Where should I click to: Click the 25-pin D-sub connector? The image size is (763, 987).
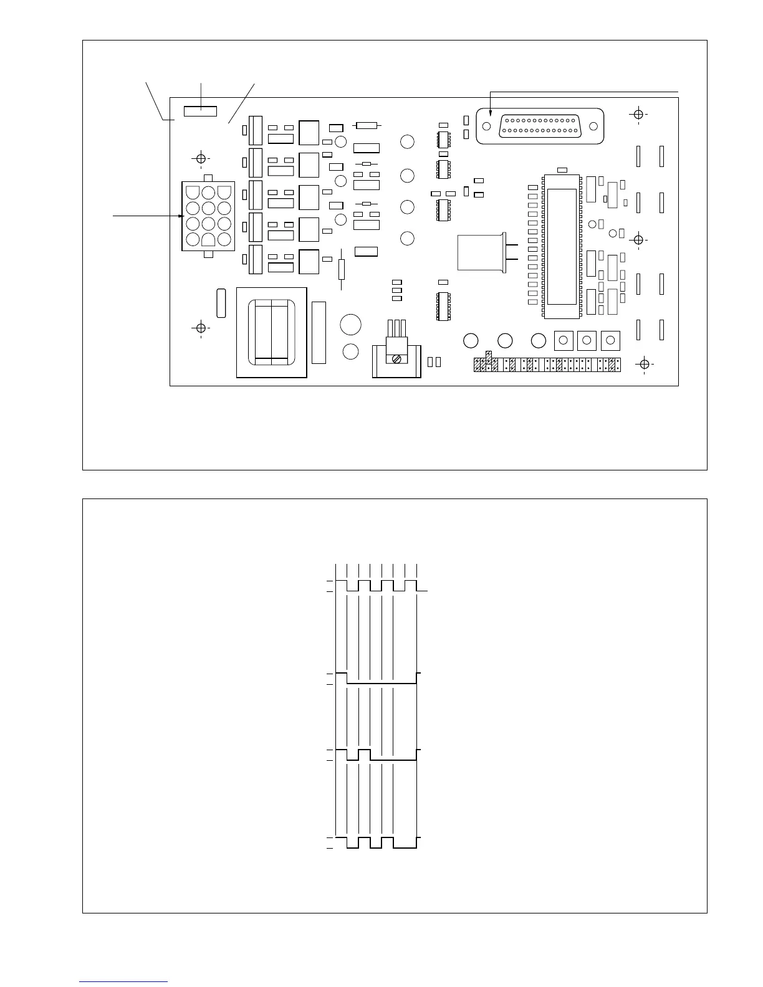[540, 126]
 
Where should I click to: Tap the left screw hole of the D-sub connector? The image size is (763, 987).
[487, 126]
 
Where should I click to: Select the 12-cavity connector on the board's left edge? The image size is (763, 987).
[208, 216]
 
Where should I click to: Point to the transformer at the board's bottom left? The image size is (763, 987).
[271, 332]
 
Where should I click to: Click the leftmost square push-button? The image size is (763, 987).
[564, 341]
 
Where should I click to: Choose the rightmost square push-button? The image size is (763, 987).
[610, 341]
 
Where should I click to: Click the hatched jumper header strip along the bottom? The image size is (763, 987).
[547, 365]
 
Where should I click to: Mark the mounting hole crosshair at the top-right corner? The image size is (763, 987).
[638, 115]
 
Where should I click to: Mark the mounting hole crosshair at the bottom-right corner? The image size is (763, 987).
[645, 364]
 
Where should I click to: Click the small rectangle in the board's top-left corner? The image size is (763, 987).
[200, 111]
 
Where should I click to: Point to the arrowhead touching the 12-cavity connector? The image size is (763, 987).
[182, 216]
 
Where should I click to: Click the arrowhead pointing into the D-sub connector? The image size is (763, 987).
[491, 113]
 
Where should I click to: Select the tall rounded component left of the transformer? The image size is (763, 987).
[220, 303]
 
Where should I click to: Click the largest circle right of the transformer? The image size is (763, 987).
[351, 325]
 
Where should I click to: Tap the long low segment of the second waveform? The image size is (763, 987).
[381, 684]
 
